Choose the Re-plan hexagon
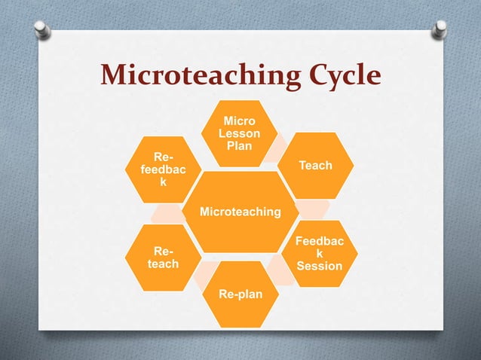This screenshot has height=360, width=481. (240, 294)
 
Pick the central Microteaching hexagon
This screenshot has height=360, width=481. (240, 212)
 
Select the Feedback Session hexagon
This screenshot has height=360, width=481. (320, 254)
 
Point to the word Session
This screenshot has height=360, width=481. (320, 266)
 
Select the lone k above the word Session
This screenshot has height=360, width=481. (320, 254)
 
